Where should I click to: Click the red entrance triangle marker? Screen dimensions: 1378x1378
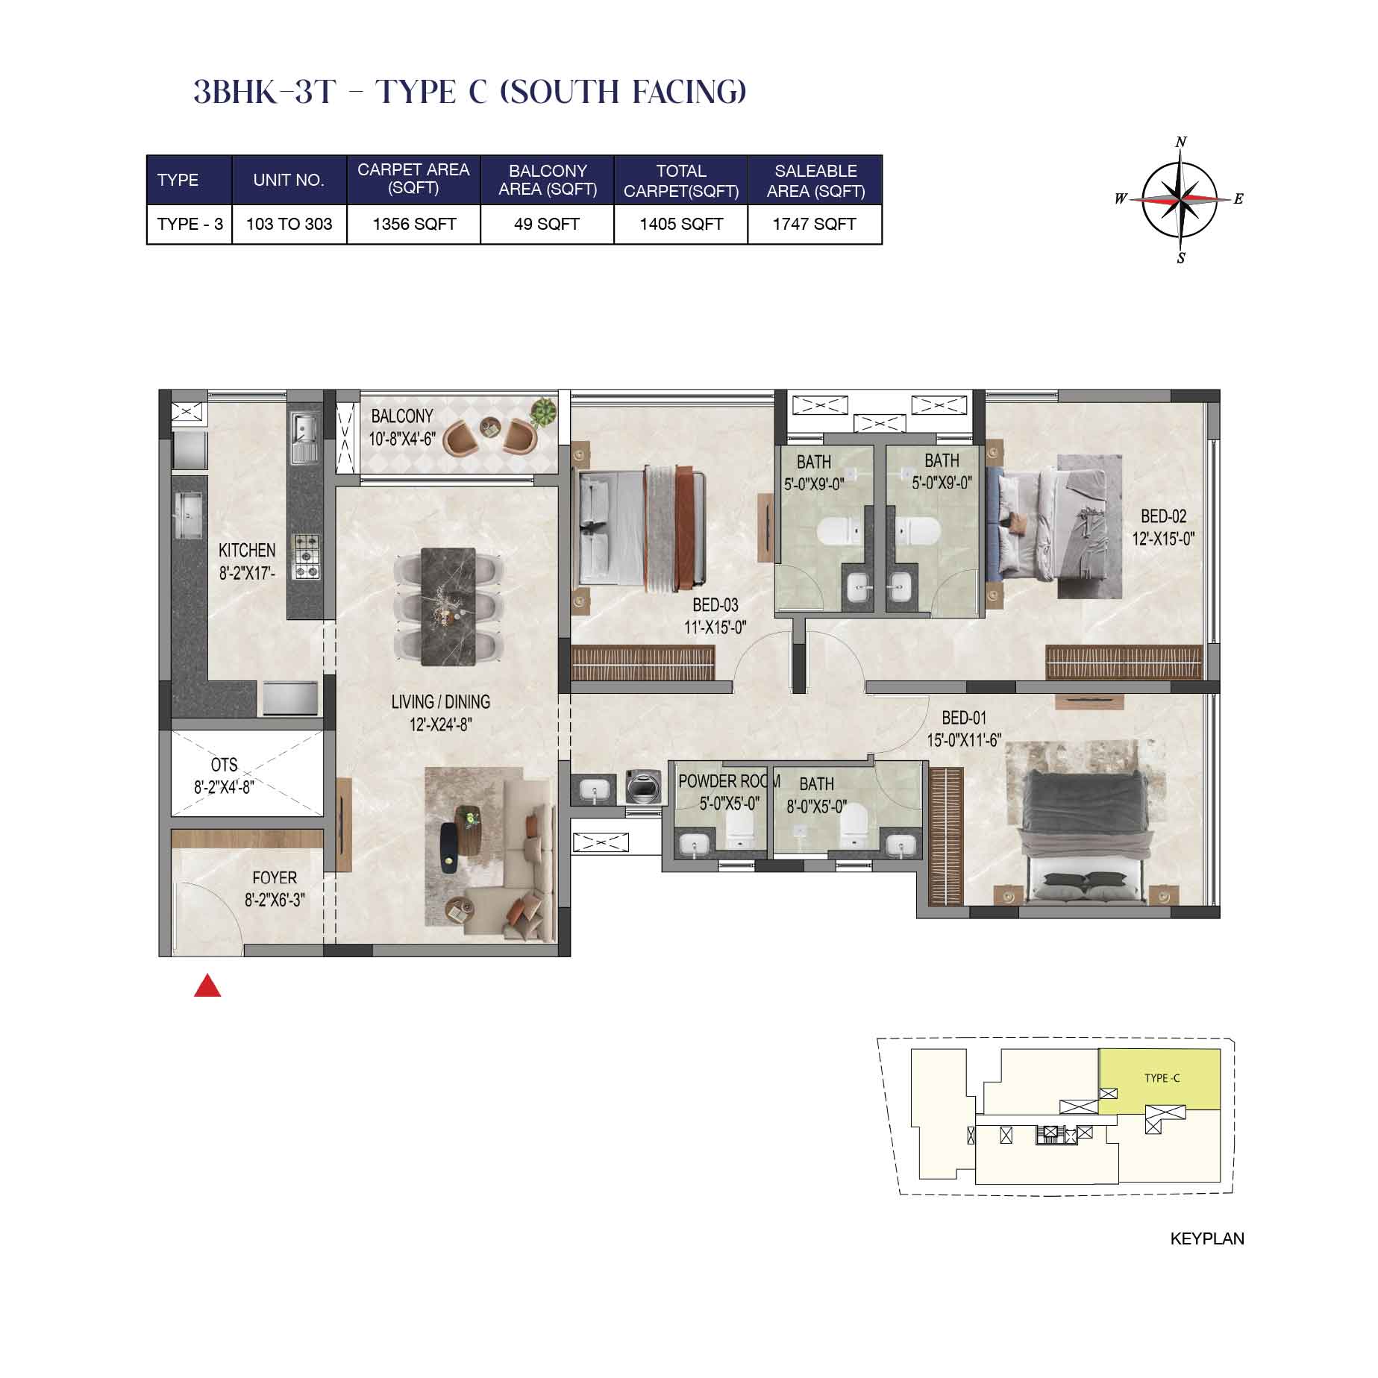[x=207, y=986]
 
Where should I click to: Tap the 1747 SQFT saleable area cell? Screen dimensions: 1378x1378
[x=815, y=224]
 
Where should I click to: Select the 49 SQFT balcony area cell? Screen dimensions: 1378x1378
[x=547, y=224]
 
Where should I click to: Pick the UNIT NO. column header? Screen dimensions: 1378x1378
[x=289, y=180]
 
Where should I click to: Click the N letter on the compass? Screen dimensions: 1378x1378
[x=1181, y=142]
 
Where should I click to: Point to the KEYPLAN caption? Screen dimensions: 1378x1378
[x=1207, y=1238]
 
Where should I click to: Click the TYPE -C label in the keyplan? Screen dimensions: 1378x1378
[x=1162, y=1078]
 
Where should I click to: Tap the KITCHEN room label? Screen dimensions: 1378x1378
[x=247, y=551]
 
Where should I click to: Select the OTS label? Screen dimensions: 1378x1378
[x=224, y=765]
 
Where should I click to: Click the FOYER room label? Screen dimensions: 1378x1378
[x=275, y=878]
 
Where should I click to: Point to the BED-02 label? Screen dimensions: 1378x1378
[x=1164, y=516]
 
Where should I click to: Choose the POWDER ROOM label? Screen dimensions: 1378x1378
[x=729, y=781]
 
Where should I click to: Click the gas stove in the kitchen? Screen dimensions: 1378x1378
[x=306, y=557]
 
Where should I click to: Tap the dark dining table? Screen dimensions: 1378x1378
[x=448, y=607]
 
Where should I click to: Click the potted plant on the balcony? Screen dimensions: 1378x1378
[x=543, y=412]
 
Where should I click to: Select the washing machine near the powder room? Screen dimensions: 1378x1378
[x=644, y=787]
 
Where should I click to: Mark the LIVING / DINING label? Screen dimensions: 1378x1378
[x=441, y=702]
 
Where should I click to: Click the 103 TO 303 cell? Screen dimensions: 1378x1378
[x=289, y=224]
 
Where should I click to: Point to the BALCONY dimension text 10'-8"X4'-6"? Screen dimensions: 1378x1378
[x=402, y=439]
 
